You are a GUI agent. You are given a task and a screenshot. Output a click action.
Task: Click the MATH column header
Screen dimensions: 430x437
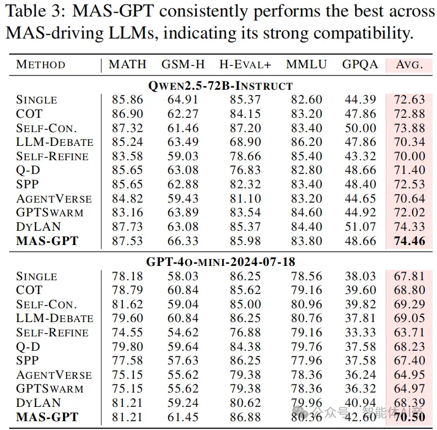(x=127, y=64)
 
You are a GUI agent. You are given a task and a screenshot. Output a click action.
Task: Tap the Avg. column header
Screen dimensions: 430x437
(x=409, y=64)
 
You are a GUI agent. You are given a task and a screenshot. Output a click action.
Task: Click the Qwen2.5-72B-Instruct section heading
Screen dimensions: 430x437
(x=220, y=85)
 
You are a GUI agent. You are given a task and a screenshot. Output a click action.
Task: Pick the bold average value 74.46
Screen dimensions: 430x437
(x=409, y=241)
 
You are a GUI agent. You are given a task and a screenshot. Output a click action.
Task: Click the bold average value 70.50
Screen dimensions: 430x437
(x=409, y=417)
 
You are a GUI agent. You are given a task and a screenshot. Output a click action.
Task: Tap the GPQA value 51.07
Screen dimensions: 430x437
(x=360, y=227)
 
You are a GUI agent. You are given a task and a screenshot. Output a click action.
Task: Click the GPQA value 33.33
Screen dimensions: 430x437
(x=360, y=333)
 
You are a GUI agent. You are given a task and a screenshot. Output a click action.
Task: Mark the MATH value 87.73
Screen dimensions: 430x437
(x=127, y=227)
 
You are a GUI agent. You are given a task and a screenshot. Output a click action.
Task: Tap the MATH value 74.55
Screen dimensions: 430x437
(x=127, y=333)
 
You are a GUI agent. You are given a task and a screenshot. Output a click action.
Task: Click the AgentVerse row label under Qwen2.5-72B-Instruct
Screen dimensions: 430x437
(x=54, y=198)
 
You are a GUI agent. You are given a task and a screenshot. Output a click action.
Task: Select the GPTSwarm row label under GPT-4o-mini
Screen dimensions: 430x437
(x=50, y=389)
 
